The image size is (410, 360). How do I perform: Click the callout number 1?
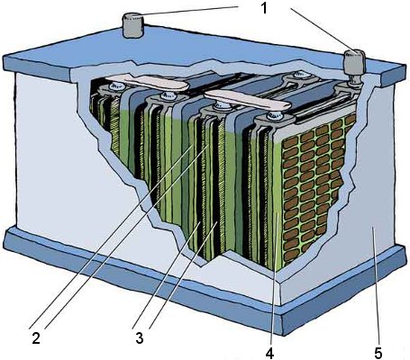pos(264,8)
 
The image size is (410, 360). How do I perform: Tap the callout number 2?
pos(36,338)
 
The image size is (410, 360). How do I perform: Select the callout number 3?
pos(139,337)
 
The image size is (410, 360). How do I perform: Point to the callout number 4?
pos(269,353)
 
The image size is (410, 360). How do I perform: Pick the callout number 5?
pos(378,353)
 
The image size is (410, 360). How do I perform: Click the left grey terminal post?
pos(133,25)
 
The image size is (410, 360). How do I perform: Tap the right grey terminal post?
pos(355,62)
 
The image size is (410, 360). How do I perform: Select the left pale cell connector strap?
pos(147,82)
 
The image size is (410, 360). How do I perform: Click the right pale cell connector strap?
pos(247,100)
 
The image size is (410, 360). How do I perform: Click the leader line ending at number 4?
pos(273,276)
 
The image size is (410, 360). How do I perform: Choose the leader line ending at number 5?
pos(375,284)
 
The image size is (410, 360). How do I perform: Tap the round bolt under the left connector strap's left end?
pos(115,86)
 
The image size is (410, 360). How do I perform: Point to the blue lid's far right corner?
pos(406,67)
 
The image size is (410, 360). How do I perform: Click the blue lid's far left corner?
pos(4,57)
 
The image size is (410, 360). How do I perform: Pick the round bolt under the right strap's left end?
pos(222,105)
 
